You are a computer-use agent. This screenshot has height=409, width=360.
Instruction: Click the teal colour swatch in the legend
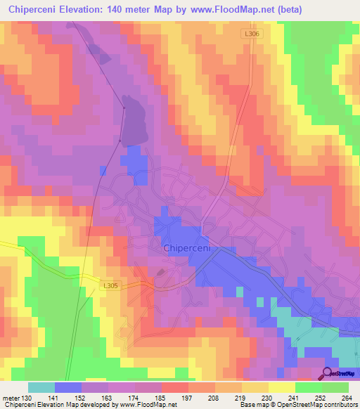click(x=41, y=387)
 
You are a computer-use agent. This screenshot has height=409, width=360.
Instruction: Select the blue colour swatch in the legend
click(x=68, y=387)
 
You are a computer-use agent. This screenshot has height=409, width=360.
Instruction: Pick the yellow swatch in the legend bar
click(x=281, y=387)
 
